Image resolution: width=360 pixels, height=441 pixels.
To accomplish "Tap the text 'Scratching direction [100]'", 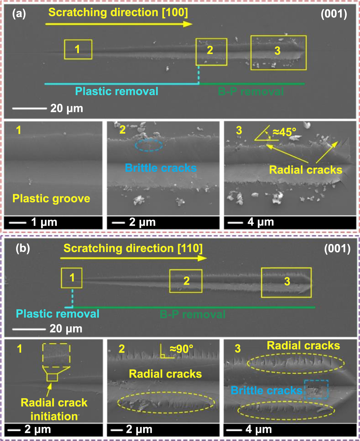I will (x=118, y=13).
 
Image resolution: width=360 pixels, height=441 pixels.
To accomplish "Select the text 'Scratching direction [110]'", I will (x=133, y=249).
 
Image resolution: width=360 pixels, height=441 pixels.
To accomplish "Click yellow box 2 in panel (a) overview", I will (x=211, y=52).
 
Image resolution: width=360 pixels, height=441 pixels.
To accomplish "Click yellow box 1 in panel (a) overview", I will (x=78, y=49).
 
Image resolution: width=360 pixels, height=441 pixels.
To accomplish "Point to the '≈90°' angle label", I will (x=182, y=350).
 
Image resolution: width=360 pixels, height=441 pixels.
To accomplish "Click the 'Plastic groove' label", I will (x=51, y=199).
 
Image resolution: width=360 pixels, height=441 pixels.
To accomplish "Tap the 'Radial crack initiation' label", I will (x=54, y=409).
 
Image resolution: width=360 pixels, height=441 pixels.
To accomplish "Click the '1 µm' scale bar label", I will (x=43, y=222).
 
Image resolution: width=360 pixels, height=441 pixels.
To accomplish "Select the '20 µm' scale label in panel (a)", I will (x=67, y=108).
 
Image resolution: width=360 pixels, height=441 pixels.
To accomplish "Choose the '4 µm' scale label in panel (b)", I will (x=259, y=430).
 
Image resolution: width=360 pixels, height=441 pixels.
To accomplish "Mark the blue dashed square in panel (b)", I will (x=316, y=389).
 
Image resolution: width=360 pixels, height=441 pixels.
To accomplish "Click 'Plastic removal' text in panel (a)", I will (x=117, y=91).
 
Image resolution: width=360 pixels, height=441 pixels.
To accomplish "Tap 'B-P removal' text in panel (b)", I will (x=192, y=314).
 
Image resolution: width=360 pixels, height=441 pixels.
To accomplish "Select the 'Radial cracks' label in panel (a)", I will (x=305, y=170).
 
